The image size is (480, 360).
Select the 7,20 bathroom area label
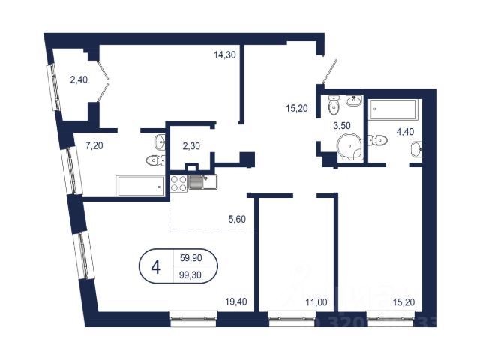click(94, 145)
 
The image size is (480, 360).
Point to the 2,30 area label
click(192, 147)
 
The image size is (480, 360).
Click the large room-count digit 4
click(155, 267)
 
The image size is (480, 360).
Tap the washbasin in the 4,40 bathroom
click(416, 151)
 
